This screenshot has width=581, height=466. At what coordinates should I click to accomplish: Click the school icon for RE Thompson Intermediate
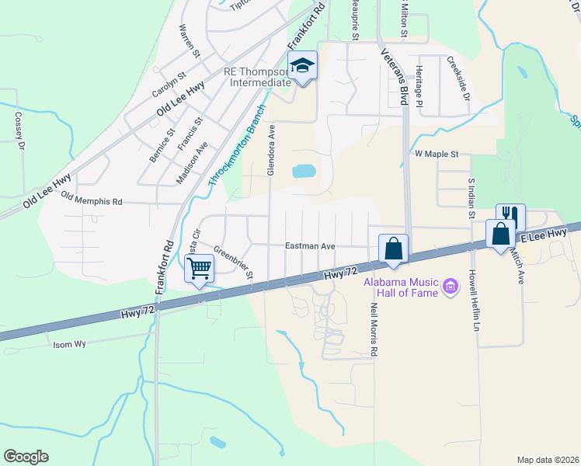pos(303,66)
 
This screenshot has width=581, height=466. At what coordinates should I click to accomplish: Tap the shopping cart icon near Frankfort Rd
pos(200,269)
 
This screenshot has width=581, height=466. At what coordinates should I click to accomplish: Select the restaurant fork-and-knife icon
pos(510,215)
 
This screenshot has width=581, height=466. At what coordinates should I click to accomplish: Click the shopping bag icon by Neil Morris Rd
pos(393,249)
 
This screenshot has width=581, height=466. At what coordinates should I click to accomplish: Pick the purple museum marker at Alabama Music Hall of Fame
pos(450,287)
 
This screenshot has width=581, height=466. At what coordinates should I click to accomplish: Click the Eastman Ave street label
pos(310,245)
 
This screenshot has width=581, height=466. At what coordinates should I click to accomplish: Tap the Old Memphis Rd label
pos(92,200)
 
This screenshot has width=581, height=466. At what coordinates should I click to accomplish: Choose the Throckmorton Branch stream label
pos(237,145)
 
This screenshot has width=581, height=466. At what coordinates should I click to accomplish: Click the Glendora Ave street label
pos(271,150)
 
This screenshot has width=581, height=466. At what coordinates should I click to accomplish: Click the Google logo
pos(26,457)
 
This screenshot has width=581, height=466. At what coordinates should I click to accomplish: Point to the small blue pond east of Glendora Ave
pos(304,171)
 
